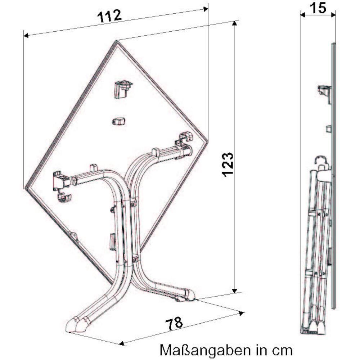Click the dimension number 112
click(x=109, y=16)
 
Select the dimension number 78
click(x=174, y=324)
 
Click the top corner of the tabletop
click(x=117, y=41)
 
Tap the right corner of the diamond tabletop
click(x=208, y=141)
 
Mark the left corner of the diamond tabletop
click(x=25, y=188)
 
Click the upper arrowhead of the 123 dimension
click(x=234, y=23)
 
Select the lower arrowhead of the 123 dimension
click(x=234, y=291)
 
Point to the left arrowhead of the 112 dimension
click(x=26, y=35)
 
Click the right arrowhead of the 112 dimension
click(x=206, y=9)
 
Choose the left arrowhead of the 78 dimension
click(x=122, y=343)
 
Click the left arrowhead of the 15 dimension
click(x=303, y=15)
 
